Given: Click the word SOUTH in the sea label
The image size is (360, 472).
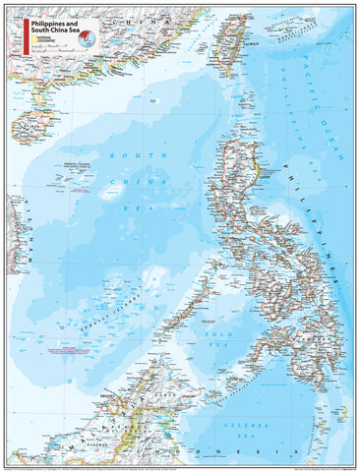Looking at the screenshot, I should [133, 156].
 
